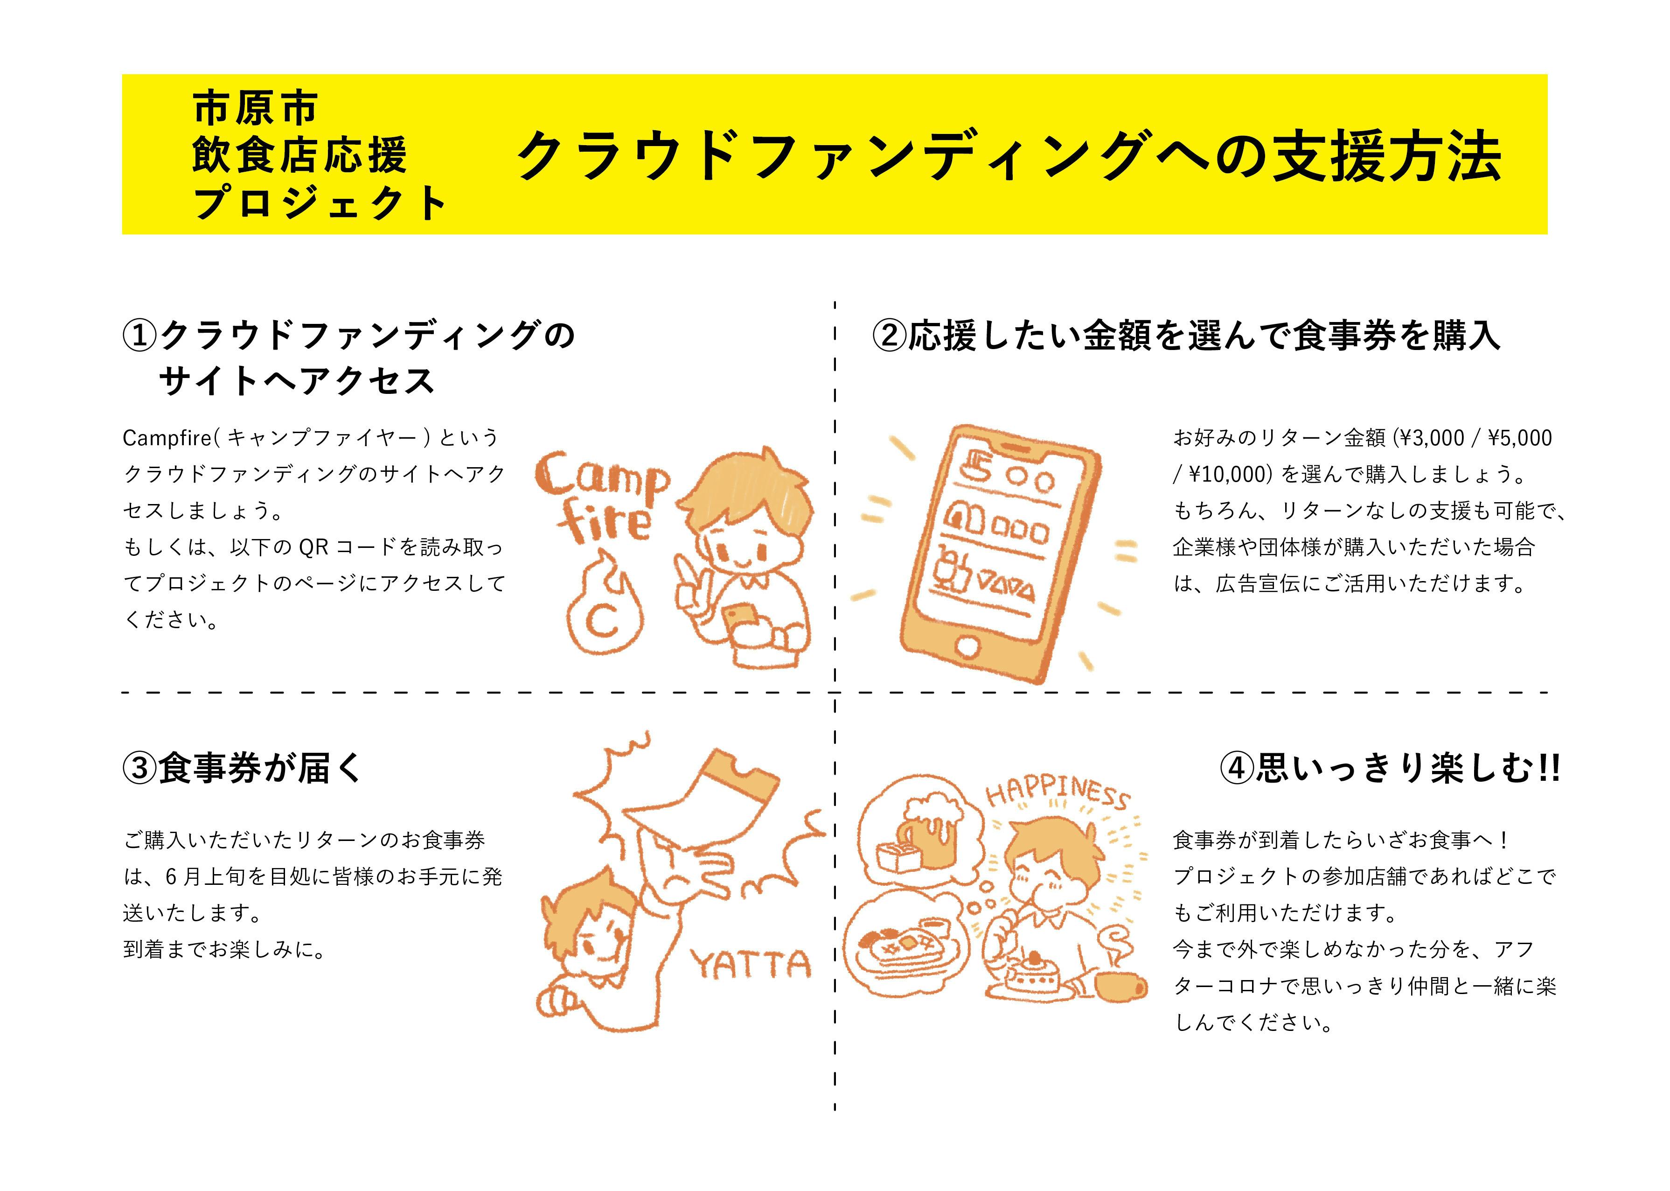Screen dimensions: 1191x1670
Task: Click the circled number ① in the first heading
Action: (139, 336)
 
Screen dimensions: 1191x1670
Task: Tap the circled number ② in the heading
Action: (889, 336)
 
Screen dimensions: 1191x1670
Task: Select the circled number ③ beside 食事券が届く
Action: (139, 769)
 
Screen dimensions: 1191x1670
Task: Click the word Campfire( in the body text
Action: (171, 438)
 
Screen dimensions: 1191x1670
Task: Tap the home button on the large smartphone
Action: (969, 647)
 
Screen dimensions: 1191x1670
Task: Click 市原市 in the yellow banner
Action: (255, 108)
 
